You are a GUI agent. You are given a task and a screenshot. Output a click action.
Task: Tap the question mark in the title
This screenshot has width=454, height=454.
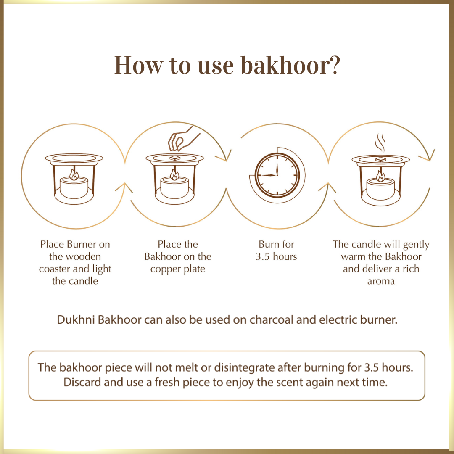335,66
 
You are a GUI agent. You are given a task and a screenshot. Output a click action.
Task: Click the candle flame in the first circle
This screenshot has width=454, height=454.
74,174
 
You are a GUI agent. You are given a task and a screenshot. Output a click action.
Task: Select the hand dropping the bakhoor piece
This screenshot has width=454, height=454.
183,139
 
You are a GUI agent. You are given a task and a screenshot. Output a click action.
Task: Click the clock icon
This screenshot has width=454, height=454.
277,175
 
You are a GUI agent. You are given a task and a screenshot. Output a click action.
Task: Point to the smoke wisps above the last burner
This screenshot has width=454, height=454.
380,143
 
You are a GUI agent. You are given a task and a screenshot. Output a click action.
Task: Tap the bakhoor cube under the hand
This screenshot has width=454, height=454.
175,158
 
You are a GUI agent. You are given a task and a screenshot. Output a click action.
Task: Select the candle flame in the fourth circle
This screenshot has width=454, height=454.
380,176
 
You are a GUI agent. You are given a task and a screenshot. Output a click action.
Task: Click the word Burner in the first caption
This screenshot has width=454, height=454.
82,244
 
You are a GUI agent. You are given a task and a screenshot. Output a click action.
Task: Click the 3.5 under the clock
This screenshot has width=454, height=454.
263,256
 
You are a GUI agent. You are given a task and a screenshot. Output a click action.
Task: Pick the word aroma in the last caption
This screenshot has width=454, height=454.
381,281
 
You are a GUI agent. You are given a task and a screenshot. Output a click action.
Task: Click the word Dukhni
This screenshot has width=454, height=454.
76,319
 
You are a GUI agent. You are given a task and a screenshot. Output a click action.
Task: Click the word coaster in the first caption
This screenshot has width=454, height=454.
55,269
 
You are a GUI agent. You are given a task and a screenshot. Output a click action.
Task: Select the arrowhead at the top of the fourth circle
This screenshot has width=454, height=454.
428,156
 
